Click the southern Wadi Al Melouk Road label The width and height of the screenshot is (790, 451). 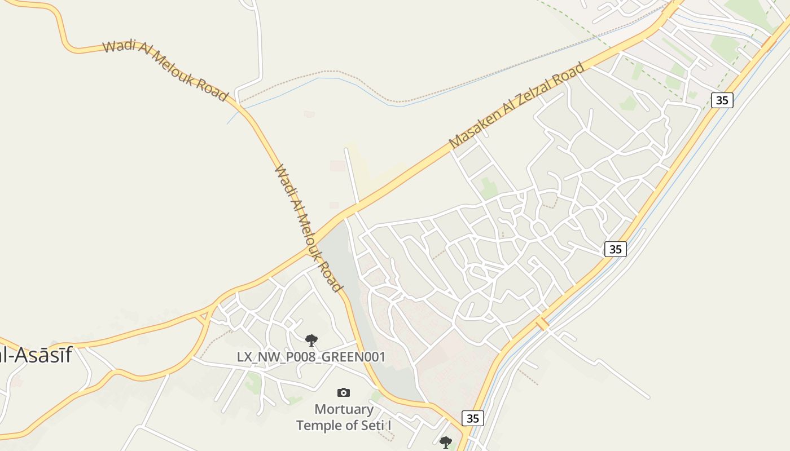(x=308, y=228)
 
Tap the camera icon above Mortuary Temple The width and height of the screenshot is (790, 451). (x=343, y=392)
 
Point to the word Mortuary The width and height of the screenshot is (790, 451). (x=344, y=409)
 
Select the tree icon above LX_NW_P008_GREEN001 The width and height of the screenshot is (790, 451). (x=311, y=340)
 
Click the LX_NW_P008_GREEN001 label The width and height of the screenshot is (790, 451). (x=311, y=357)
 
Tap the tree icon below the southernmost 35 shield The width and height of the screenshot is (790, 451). (x=445, y=442)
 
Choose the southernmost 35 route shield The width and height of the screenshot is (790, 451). (x=472, y=418)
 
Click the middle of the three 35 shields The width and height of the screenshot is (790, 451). (x=615, y=249)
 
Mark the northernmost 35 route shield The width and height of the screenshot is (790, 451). (x=722, y=100)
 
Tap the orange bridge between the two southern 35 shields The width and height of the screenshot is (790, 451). (x=542, y=323)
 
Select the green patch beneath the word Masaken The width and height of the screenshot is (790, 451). (x=489, y=188)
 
